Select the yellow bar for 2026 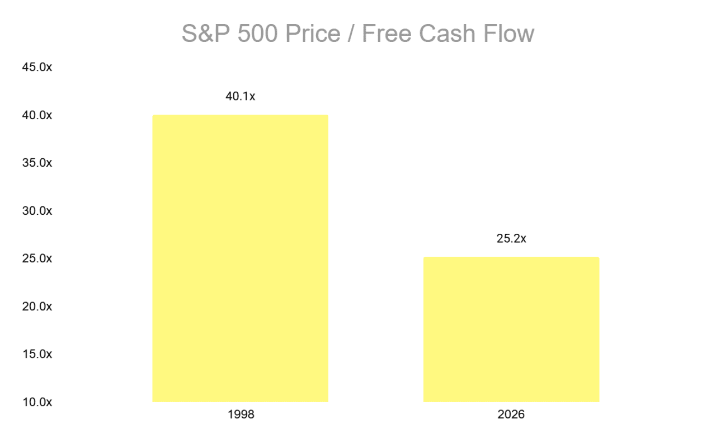point(511,329)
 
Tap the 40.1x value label point(241,96)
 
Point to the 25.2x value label point(511,239)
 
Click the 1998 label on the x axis point(241,415)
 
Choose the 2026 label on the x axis point(511,415)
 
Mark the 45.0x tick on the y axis point(37,67)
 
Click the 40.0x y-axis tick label point(37,115)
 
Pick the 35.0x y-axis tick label point(37,163)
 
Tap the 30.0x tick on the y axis point(37,211)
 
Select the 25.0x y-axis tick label point(37,258)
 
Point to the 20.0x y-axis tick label point(37,307)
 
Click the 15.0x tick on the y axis point(37,354)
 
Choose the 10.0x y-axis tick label point(37,402)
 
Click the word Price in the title point(315,34)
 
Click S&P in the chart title point(205,34)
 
